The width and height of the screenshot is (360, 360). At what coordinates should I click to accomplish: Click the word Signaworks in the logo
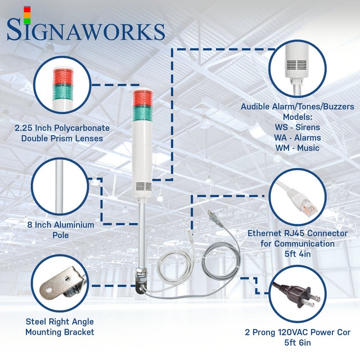(85, 30)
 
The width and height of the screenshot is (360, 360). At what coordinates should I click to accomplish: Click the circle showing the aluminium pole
(60, 186)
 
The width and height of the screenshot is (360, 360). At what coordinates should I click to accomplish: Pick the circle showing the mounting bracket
(60, 284)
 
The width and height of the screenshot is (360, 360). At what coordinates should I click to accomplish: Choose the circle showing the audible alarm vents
(297, 67)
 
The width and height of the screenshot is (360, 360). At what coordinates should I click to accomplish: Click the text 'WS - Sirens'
(298, 127)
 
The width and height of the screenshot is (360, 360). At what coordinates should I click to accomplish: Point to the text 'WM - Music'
(298, 148)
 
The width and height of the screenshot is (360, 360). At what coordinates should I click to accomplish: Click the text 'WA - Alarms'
(298, 138)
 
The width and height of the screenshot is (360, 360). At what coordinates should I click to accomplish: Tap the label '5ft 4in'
(298, 254)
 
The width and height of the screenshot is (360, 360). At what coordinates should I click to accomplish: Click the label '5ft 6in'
(298, 343)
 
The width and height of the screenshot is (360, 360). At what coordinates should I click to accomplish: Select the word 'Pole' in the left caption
(60, 235)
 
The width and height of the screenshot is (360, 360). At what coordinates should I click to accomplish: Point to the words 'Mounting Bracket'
(60, 332)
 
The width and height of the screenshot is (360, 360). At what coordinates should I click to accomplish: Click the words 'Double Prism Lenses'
(62, 138)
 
